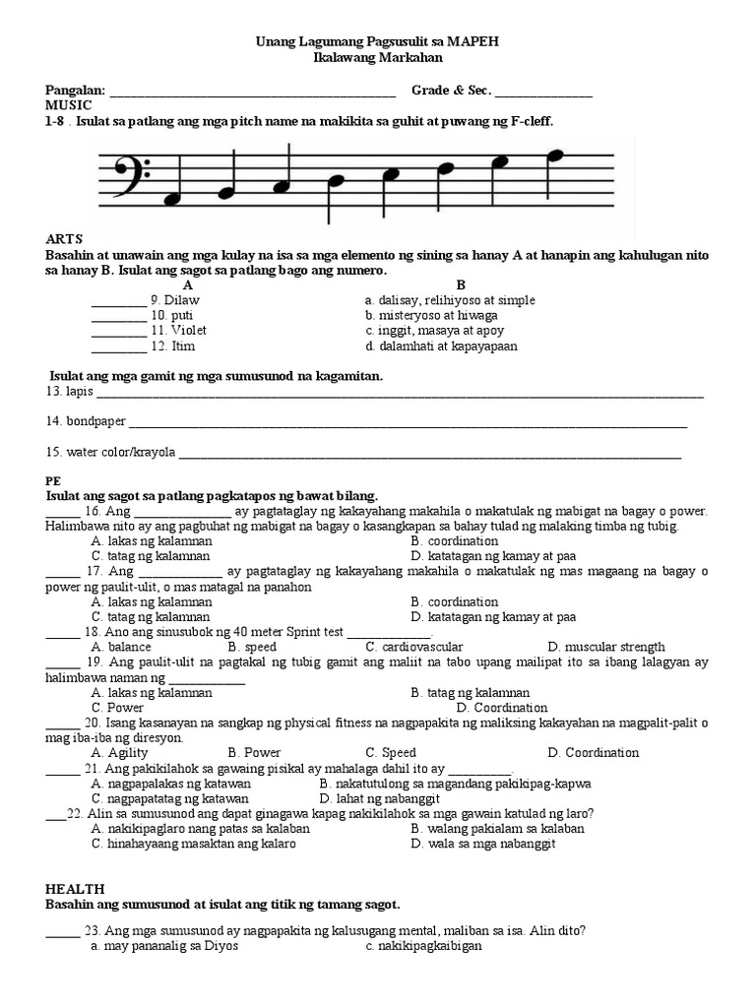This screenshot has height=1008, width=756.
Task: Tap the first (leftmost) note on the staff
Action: (174, 199)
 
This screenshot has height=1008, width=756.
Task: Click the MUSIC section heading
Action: (69, 105)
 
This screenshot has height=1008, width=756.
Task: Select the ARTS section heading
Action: (64, 239)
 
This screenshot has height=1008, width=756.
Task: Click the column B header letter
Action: (460, 284)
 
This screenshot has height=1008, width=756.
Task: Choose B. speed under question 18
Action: (252, 648)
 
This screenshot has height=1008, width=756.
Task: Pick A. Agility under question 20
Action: (119, 753)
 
